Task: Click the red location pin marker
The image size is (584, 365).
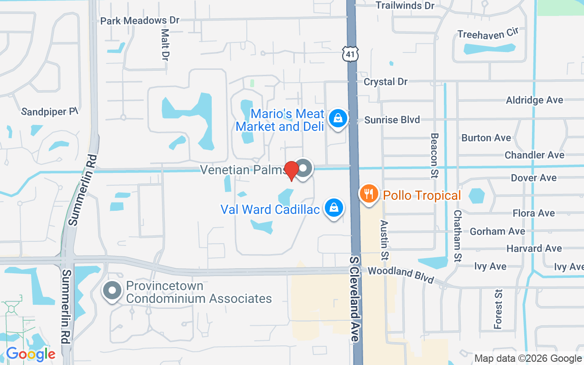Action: pos(292,170)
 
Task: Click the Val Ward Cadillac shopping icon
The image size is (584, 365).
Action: pos(334,208)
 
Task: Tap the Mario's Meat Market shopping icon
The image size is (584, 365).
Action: pos(337,118)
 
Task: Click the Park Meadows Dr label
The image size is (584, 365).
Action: pos(140,21)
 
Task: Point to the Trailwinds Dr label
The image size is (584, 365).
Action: pos(405,5)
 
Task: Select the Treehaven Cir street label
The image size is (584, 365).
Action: pos(488,34)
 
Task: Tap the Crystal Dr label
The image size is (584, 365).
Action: pos(386,82)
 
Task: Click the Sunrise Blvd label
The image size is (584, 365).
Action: pos(392,120)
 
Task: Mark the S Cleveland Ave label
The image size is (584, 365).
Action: pos(355,299)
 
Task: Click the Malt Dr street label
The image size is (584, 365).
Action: pos(165,45)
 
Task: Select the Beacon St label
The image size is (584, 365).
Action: pos(434,156)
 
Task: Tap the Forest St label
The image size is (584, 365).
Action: pos(498,309)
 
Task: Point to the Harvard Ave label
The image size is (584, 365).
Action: pos(534,249)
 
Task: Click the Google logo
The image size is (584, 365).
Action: pos(31,354)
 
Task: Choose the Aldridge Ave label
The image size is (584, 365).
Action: pos(534,100)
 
